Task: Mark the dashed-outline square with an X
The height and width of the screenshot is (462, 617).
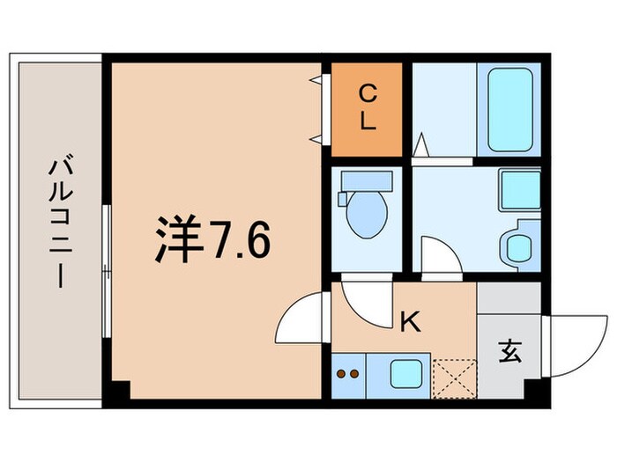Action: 455,377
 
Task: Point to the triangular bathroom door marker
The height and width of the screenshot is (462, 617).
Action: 422,143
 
